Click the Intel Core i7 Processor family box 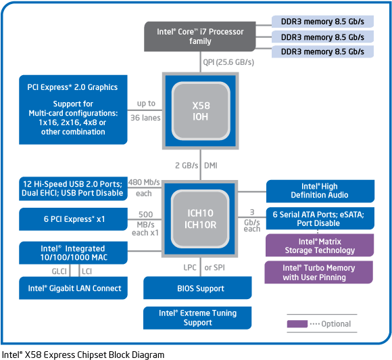(x=200, y=37)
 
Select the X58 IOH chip (x=200, y=112)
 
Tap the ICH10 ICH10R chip (x=200, y=218)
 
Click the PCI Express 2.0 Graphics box (x=72, y=109)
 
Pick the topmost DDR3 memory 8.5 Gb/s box (x=322, y=21)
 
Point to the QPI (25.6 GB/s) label (x=228, y=62)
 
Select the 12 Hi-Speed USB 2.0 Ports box (x=72, y=188)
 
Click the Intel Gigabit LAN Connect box (x=72, y=288)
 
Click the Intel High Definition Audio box (x=320, y=191)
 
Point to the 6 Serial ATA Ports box (x=320, y=219)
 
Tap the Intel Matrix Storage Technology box (x=320, y=246)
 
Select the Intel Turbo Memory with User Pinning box (x=320, y=273)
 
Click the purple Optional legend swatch (x=297, y=324)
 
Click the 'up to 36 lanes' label (x=147, y=110)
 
